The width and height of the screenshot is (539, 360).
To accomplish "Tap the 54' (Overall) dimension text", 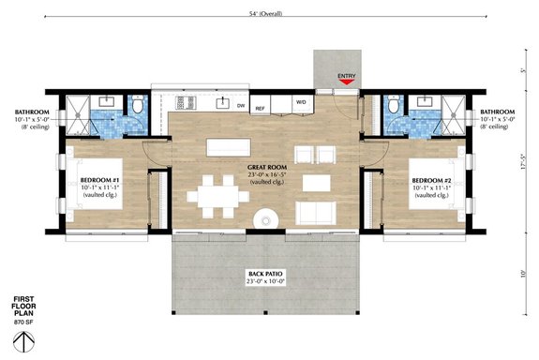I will (x=269, y=13).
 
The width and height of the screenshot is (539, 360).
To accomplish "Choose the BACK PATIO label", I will (x=264, y=275).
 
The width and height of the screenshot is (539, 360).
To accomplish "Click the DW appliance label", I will (x=241, y=106).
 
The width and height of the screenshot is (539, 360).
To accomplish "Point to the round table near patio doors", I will (x=267, y=219).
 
